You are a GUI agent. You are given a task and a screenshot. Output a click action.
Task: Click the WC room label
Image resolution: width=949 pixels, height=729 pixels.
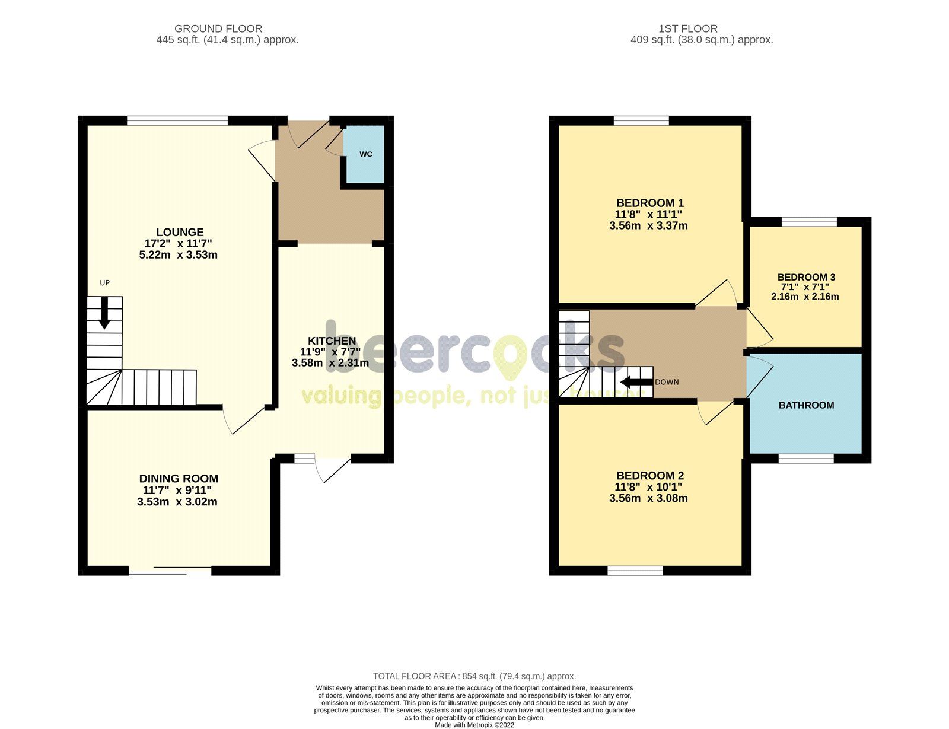pos(366,154)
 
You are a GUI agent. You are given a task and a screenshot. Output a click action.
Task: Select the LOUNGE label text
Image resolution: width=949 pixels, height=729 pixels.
pos(180,232)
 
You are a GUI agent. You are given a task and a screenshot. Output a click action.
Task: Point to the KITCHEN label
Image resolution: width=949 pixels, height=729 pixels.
pos(332,340)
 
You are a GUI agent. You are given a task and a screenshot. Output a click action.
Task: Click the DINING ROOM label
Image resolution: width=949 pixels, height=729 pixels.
pos(179,478)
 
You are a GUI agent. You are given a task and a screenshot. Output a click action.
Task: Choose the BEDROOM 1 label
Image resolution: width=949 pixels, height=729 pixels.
pos(649,203)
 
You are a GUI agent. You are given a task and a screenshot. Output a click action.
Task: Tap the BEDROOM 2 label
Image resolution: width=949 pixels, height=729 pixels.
pos(649,475)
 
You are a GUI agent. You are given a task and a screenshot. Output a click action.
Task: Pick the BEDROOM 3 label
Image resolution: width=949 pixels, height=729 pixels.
pos(806,277)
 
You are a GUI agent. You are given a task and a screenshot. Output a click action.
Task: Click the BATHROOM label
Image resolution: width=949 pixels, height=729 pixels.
pos(806,405)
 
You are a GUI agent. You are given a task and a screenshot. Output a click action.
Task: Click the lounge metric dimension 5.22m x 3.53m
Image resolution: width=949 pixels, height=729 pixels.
pos(178,255)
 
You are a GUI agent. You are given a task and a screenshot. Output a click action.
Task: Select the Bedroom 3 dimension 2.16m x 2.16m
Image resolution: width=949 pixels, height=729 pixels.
pos(805,297)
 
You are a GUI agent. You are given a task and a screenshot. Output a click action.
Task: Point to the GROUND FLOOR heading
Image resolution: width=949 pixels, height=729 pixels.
pos(218,28)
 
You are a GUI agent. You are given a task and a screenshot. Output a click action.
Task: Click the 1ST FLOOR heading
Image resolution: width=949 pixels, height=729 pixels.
pos(687,28)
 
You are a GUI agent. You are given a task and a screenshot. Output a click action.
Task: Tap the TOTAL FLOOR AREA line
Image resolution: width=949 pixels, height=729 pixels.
pos(474,676)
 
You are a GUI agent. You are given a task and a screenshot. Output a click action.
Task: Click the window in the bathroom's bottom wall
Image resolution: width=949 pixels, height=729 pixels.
pos(805,459)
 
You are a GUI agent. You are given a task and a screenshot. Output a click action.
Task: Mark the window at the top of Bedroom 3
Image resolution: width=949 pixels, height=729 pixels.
pos(809,222)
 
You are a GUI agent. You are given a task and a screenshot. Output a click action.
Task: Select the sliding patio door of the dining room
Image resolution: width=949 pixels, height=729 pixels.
pos(170,571)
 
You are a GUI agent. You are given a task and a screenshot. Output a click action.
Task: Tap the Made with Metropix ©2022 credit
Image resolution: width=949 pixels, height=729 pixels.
pos(474,725)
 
